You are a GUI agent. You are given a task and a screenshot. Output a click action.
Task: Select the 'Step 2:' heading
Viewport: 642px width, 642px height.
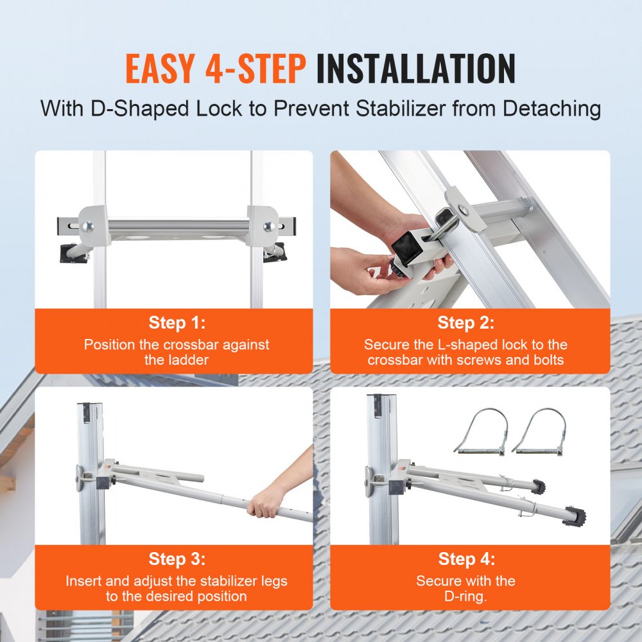(x=466, y=322)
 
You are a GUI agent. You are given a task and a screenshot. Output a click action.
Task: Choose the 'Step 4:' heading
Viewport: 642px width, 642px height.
(x=466, y=559)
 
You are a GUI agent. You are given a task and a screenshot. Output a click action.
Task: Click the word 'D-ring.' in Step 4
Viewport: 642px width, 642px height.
(x=466, y=596)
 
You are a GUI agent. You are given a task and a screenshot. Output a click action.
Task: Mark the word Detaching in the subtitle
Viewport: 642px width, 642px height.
(x=551, y=108)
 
